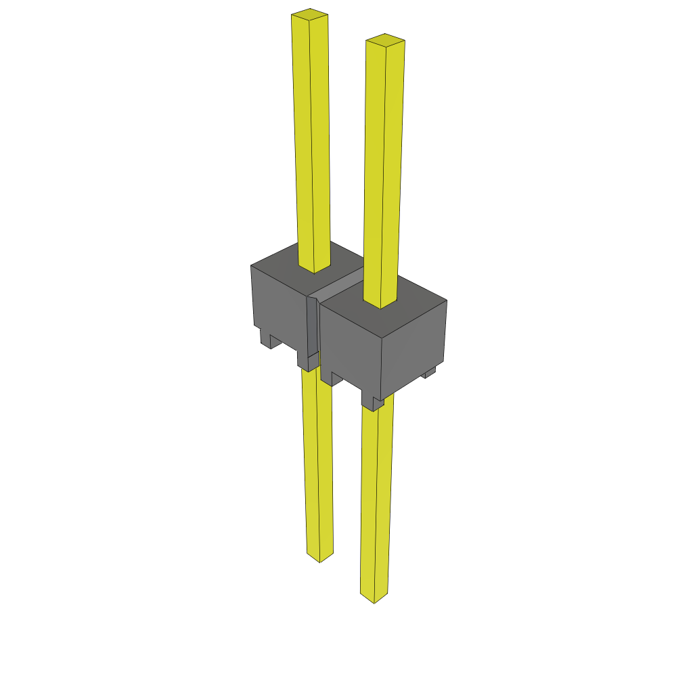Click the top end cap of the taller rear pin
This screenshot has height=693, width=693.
click(x=309, y=14)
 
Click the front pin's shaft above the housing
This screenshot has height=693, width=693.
click(x=384, y=169)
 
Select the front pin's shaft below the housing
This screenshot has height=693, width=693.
click(x=376, y=501)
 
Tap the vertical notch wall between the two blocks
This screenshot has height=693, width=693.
click(x=312, y=325)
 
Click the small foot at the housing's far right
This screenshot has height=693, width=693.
click(x=429, y=373)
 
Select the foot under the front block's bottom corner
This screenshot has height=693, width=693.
click(x=373, y=404)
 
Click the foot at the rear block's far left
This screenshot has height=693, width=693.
click(x=265, y=338)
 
